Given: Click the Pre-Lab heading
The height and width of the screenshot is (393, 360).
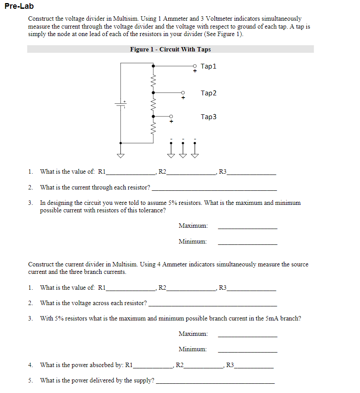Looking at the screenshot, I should coord(19,7).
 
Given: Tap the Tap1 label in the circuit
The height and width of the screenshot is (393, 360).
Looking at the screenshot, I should coord(208,66).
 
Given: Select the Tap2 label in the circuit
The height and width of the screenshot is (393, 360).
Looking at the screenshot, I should coord(208,93).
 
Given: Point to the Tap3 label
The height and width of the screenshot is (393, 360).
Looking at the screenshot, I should coord(208,117).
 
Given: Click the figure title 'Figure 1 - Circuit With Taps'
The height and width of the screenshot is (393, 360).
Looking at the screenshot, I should coord(170,49).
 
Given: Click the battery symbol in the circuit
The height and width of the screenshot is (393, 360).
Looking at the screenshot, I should coord(121,104).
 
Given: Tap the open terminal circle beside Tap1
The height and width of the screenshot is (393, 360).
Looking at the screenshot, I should coord(195,66).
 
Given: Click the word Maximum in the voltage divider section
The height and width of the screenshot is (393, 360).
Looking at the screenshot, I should coord(193,226).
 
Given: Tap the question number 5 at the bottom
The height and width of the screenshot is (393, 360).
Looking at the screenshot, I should coord(30,381).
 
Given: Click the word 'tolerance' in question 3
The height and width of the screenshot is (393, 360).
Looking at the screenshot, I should coord(153,211).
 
